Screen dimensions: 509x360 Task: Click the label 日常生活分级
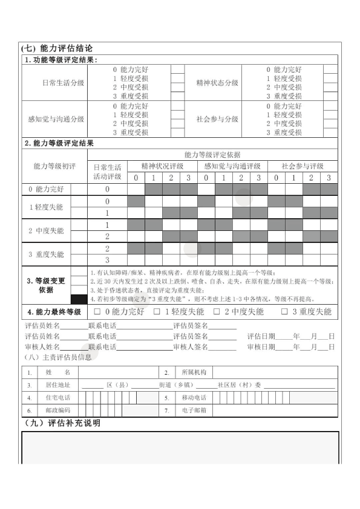pos(64,83)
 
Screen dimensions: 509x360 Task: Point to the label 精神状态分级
pos(217,83)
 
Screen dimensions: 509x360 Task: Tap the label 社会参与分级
pos(217,120)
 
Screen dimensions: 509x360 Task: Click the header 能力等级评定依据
pos(212,155)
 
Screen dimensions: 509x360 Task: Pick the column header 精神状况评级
pos(162,166)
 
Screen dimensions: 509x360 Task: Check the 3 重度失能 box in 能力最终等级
pos(284,313)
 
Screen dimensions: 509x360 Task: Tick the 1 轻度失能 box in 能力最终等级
pos(157,313)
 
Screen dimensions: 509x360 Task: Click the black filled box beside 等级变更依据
pos(79,299)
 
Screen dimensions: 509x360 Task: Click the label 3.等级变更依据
pos(46,285)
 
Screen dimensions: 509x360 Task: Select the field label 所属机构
pos(194,372)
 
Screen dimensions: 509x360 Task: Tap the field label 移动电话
pos(194,398)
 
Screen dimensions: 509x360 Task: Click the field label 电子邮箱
pos(194,410)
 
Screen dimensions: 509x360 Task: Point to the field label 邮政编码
pos(57,410)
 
